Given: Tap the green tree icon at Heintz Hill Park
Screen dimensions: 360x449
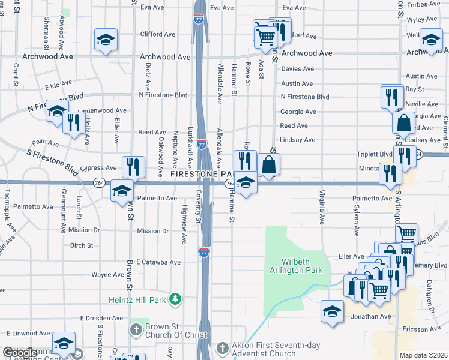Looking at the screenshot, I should (x=175, y=298).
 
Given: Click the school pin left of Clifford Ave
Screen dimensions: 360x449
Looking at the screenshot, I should (x=106, y=40).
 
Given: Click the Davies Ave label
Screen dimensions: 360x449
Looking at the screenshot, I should (x=298, y=69).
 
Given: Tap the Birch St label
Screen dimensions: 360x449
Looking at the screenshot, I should (x=82, y=245).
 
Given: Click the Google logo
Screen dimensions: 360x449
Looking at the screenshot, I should (x=20, y=353).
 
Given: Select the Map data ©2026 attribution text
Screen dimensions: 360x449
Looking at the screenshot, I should (x=423, y=355).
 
